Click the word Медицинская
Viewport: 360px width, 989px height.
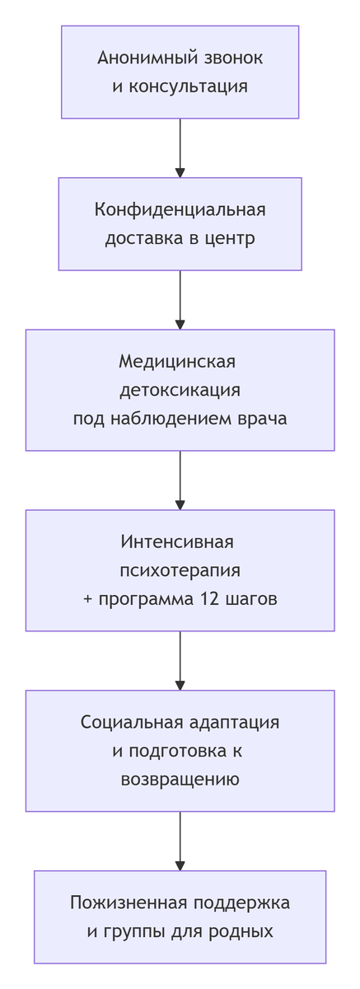[x=177, y=362]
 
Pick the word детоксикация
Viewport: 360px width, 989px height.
[x=180, y=390]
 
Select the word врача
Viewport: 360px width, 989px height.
[x=262, y=419]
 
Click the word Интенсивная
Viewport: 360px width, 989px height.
[x=177, y=542]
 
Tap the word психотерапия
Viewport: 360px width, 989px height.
[x=180, y=570]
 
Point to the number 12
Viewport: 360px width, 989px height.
[x=208, y=599]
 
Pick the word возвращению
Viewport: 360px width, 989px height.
[x=180, y=780]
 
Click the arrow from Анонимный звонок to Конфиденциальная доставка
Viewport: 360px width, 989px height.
[x=180, y=148]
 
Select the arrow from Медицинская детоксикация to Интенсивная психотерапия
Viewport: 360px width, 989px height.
[x=180, y=480]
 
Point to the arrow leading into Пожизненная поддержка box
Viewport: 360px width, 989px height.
[x=180, y=841]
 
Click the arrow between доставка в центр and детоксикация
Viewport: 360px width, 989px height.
[x=180, y=300]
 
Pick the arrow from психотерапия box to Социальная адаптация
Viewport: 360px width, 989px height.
[x=180, y=661]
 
